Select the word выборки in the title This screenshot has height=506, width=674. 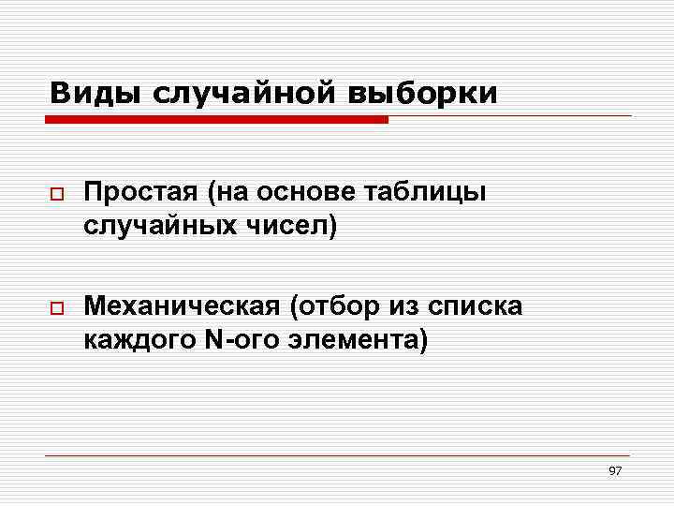point(424,94)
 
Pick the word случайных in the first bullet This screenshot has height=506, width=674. point(160,226)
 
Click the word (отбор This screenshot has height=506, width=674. point(334,305)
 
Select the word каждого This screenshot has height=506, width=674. point(139,338)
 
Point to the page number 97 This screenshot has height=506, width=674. point(615,470)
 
